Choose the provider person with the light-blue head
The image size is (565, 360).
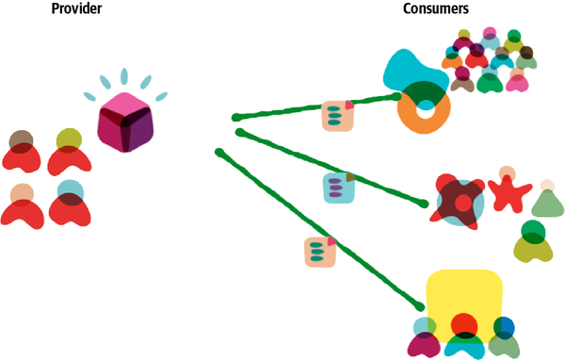[x=70, y=206]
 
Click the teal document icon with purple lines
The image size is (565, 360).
[x=339, y=188]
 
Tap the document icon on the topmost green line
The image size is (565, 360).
[x=338, y=115]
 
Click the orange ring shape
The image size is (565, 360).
[x=425, y=114]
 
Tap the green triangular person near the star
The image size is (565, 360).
[x=545, y=199]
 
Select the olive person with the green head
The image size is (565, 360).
[x=533, y=242]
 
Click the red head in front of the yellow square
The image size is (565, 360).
[x=462, y=326]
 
